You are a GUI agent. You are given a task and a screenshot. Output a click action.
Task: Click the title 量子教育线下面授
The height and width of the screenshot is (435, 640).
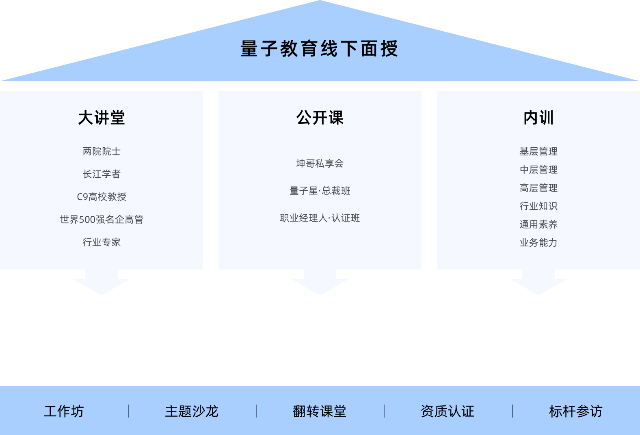click(x=319, y=49)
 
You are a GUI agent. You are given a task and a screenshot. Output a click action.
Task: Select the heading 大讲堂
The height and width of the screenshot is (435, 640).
click(x=102, y=118)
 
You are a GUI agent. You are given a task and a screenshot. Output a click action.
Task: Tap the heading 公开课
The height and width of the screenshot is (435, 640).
click(x=320, y=118)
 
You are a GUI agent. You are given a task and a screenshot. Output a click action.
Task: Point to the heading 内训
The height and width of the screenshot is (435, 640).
click(x=538, y=118)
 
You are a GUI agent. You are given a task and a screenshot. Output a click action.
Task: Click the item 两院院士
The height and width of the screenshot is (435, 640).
click(x=102, y=151)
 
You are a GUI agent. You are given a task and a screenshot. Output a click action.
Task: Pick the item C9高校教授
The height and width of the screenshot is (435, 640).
click(x=102, y=197)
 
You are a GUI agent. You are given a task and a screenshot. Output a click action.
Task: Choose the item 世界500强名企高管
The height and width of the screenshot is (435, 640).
click(x=102, y=220)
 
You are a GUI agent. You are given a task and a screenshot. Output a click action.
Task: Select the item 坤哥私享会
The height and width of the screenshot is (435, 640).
click(x=320, y=164)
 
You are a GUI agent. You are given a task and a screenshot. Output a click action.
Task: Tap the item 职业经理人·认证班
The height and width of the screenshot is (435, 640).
click(x=320, y=218)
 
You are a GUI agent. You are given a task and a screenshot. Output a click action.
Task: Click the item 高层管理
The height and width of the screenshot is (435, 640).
click(x=538, y=188)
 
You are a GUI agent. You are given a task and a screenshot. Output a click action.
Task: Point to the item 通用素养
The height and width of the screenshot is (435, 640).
click(x=538, y=224)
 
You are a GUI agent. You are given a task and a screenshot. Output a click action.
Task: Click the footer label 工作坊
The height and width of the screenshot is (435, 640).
click(x=64, y=411)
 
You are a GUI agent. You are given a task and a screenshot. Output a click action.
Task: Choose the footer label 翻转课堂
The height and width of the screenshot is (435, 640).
click(x=320, y=411)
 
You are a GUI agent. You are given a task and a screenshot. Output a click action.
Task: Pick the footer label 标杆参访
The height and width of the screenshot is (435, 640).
click(x=575, y=411)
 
